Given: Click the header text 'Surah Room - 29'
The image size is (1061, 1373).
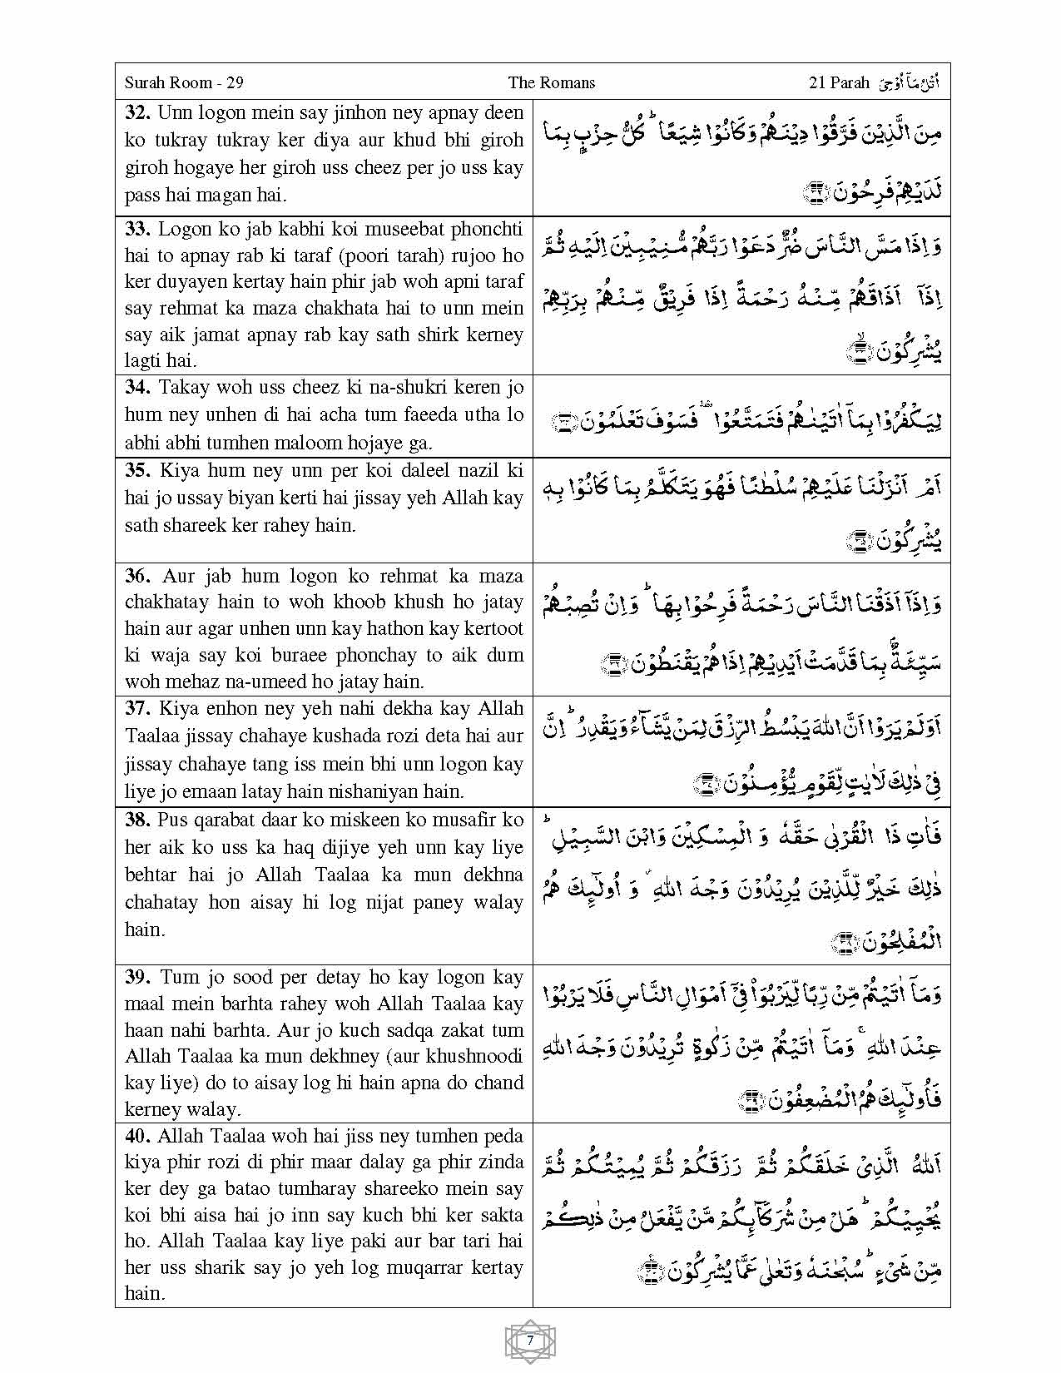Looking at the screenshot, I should click(184, 82).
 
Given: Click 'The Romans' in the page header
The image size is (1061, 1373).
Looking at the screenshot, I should click(552, 82).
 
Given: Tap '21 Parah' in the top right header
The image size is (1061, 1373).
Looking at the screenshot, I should click(838, 82).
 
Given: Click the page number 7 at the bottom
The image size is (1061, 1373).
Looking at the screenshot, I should click(530, 1341).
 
